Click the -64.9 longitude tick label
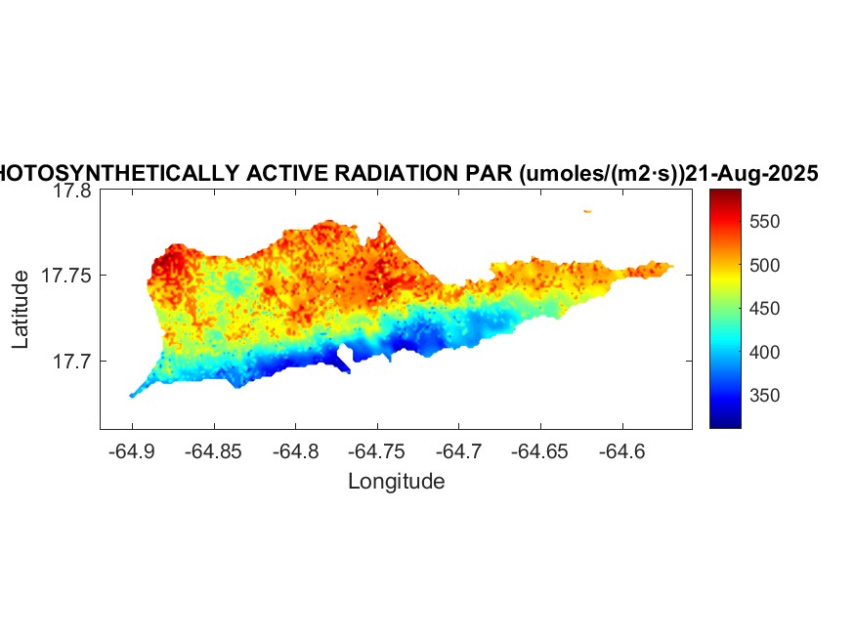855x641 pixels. (x=132, y=451)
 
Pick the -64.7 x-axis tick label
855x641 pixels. (x=460, y=451)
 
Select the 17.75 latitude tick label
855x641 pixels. (x=66, y=276)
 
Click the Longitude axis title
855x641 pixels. (x=396, y=481)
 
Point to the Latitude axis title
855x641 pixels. (x=21, y=310)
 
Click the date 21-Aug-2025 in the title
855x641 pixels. (x=751, y=174)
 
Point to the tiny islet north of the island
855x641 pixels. (x=587, y=211)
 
